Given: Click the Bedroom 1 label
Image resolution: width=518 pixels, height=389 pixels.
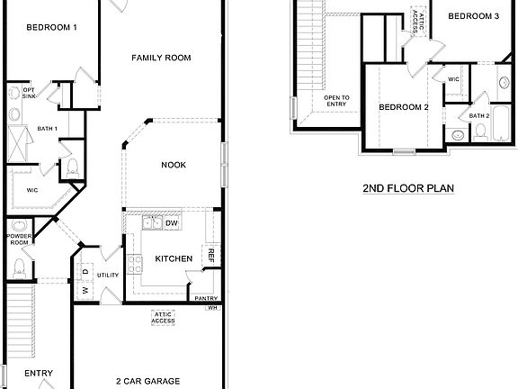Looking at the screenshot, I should click(51, 27).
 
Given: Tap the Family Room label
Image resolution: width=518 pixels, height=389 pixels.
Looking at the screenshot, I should click(162, 58).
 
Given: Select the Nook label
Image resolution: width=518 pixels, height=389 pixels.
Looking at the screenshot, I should click(174, 164).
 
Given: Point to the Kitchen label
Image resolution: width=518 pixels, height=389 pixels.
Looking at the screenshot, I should click(174, 258).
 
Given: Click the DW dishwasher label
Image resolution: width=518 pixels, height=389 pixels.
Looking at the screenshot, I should click(172, 222).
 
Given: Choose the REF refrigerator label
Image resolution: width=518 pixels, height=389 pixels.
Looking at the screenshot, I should click(211, 256).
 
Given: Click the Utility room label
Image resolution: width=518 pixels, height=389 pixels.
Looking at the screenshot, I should click(108, 275).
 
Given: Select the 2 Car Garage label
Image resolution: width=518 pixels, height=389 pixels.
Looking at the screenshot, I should click(148, 381).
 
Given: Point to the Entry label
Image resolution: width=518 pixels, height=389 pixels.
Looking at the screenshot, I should click(39, 373).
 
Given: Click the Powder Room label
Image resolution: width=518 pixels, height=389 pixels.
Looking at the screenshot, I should click(19, 239).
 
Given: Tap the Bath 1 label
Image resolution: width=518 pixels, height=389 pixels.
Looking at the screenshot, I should click(48, 129).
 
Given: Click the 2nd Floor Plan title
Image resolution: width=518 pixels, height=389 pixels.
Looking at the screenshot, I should click(408, 188).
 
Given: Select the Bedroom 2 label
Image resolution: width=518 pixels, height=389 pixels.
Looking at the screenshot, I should click(403, 107).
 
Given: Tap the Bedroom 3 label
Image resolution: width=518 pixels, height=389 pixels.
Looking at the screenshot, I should click(473, 16).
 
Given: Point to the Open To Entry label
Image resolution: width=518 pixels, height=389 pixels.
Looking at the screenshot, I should click(337, 101).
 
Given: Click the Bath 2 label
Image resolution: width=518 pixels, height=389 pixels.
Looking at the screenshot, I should click(479, 115).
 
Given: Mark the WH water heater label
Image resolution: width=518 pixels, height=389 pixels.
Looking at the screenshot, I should click(212, 308).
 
